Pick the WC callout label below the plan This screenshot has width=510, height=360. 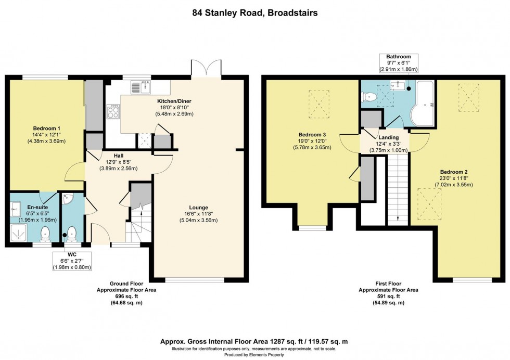72,254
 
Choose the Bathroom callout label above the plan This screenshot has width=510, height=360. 398,56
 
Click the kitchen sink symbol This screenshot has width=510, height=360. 141,87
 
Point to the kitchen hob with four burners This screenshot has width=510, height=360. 113,111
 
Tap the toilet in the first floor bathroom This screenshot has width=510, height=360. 370,96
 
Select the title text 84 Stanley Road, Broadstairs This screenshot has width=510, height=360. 254,12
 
